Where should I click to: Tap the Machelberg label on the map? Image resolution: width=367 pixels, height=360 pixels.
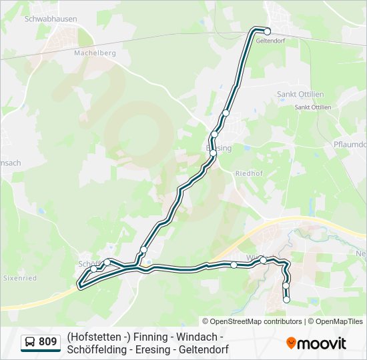point(95,53)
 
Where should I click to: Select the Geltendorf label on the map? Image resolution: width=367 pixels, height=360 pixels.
point(270,41)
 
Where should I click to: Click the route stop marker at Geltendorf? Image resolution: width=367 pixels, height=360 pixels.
point(267,31)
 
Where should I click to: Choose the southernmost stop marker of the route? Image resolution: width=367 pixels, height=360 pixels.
point(286,300)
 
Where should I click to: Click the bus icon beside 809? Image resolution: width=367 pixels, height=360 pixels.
point(30,343)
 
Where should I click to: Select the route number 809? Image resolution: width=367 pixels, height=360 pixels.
point(48,342)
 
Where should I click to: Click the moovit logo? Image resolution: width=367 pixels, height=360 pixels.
point(316,343)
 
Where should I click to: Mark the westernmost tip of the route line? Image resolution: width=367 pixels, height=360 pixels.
point(79,284)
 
